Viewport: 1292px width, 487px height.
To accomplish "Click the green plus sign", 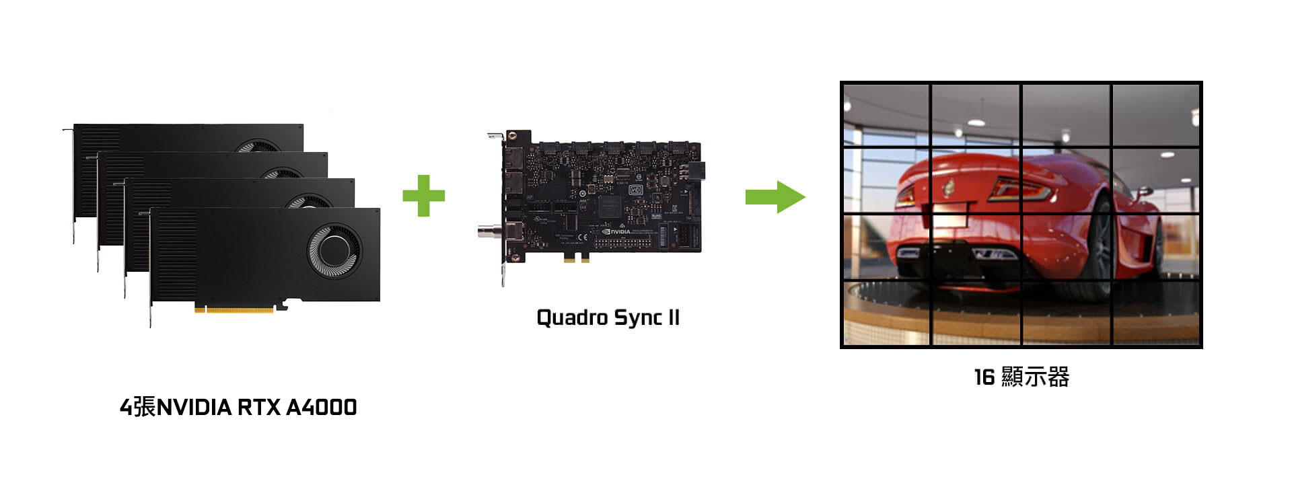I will pyautogui.click(x=424, y=196).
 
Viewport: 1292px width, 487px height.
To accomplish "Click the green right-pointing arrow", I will pyautogui.click(x=775, y=196).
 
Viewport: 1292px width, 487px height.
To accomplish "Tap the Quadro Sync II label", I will pyautogui.click(x=608, y=317).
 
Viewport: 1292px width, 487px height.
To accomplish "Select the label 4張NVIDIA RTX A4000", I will pyautogui.click(x=238, y=407).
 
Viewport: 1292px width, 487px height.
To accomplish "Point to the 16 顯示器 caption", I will pyautogui.click(x=1021, y=377).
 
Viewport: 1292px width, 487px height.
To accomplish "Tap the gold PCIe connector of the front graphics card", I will pyautogui.click(x=234, y=309).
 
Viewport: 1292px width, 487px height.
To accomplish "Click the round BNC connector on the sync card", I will pyautogui.click(x=486, y=233).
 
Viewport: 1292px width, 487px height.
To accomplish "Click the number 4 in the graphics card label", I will pyautogui.click(x=126, y=408).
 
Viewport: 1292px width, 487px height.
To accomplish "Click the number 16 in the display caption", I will pyautogui.click(x=984, y=377).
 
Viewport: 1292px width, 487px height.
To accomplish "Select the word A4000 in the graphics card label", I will pyautogui.click(x=322, y=408).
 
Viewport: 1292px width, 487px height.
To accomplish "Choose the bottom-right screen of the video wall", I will pyautogui.click(x=1155, y=312).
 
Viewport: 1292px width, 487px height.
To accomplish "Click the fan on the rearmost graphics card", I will pyautogui.click(x=258, y=146).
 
